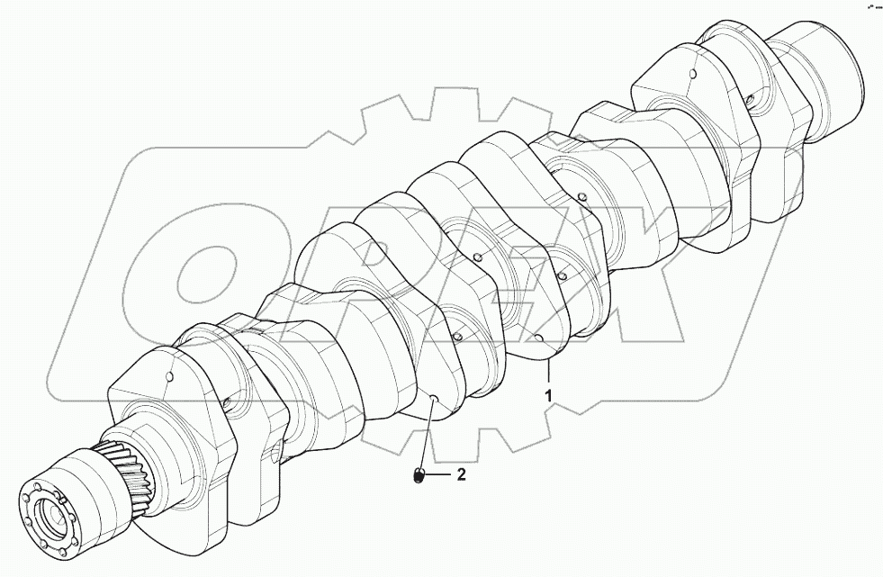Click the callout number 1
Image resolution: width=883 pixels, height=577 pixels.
(546, 393)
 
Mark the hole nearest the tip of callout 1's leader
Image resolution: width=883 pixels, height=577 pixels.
(538, 338)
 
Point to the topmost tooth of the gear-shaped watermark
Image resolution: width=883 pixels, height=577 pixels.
(447, 102)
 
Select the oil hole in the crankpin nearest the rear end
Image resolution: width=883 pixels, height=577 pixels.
(750, 102)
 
